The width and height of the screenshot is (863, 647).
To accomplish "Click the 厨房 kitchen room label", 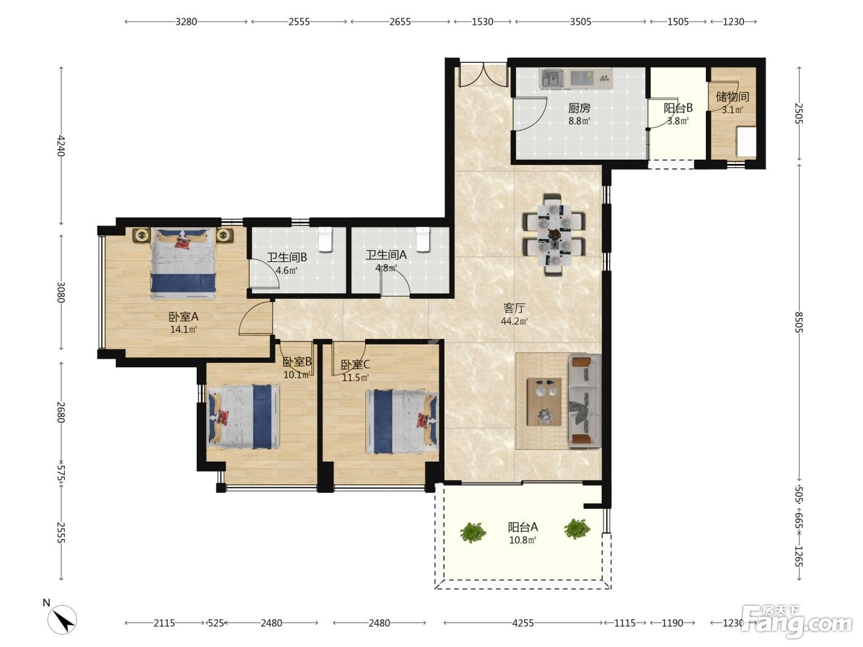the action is click(x=579, y=108).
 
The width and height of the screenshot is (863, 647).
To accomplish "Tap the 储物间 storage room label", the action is click(x=732, y=97).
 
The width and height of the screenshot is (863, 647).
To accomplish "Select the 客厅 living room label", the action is click(x=514, y=308).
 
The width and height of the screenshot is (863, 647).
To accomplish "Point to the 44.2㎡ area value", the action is click(x=514, y=321).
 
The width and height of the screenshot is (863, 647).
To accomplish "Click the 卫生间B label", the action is click(x=287, y=258).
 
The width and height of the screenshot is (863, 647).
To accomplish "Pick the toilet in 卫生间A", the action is click(x=423, y=239).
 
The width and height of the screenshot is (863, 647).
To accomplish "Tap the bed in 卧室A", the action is click(x=183, y=264).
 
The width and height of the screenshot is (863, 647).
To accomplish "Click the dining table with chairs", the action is click(x=554, y=234).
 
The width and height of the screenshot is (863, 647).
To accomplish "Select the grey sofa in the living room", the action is click(x=584, y=401).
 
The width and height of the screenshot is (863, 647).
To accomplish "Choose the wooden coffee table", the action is click(x=544, y=402).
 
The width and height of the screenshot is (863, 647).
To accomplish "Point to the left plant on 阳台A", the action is click(x=473, y=532).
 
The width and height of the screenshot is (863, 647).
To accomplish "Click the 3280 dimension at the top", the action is click(x=186, y=22).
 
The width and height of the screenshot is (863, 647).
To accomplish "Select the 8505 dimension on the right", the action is click(x=798, y=322).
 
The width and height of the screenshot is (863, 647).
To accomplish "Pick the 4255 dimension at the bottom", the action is click(x=523, y=622).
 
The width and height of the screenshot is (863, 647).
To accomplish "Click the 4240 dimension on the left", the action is click(x=61, y=146).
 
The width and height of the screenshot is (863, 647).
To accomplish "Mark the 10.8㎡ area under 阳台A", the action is click(x=523, y=540).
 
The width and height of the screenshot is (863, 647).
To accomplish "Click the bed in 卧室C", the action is click(x=402, y=421).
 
